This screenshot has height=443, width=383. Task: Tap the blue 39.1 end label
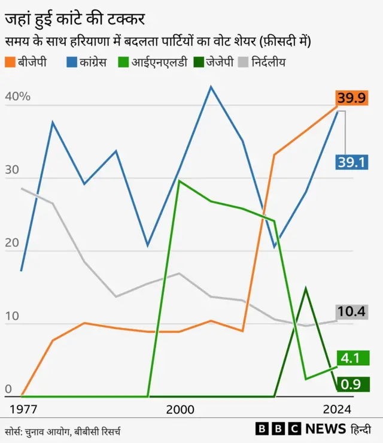[x=351, y=162]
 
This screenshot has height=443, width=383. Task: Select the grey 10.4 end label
[x=351, y=311]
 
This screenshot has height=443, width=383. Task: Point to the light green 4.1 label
[x=351, y=358]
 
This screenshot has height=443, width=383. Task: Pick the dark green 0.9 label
[x=351, y=384]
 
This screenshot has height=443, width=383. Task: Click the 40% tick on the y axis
[x=17, y=98]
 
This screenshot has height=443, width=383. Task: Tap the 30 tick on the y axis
[x=13, y=170]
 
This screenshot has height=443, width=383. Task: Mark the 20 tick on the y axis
[x=13, y=243]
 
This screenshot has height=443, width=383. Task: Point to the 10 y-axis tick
[x=13, y=315]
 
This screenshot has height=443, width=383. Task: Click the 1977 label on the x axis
[x=25, y=409]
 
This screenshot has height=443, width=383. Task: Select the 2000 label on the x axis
[x=180, y=409]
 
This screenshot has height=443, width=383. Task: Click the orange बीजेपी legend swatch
[x=11, y=62]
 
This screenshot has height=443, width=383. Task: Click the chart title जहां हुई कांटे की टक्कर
[x=75, y=19]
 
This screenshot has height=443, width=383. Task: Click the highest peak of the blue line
[x=211, y=87]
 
